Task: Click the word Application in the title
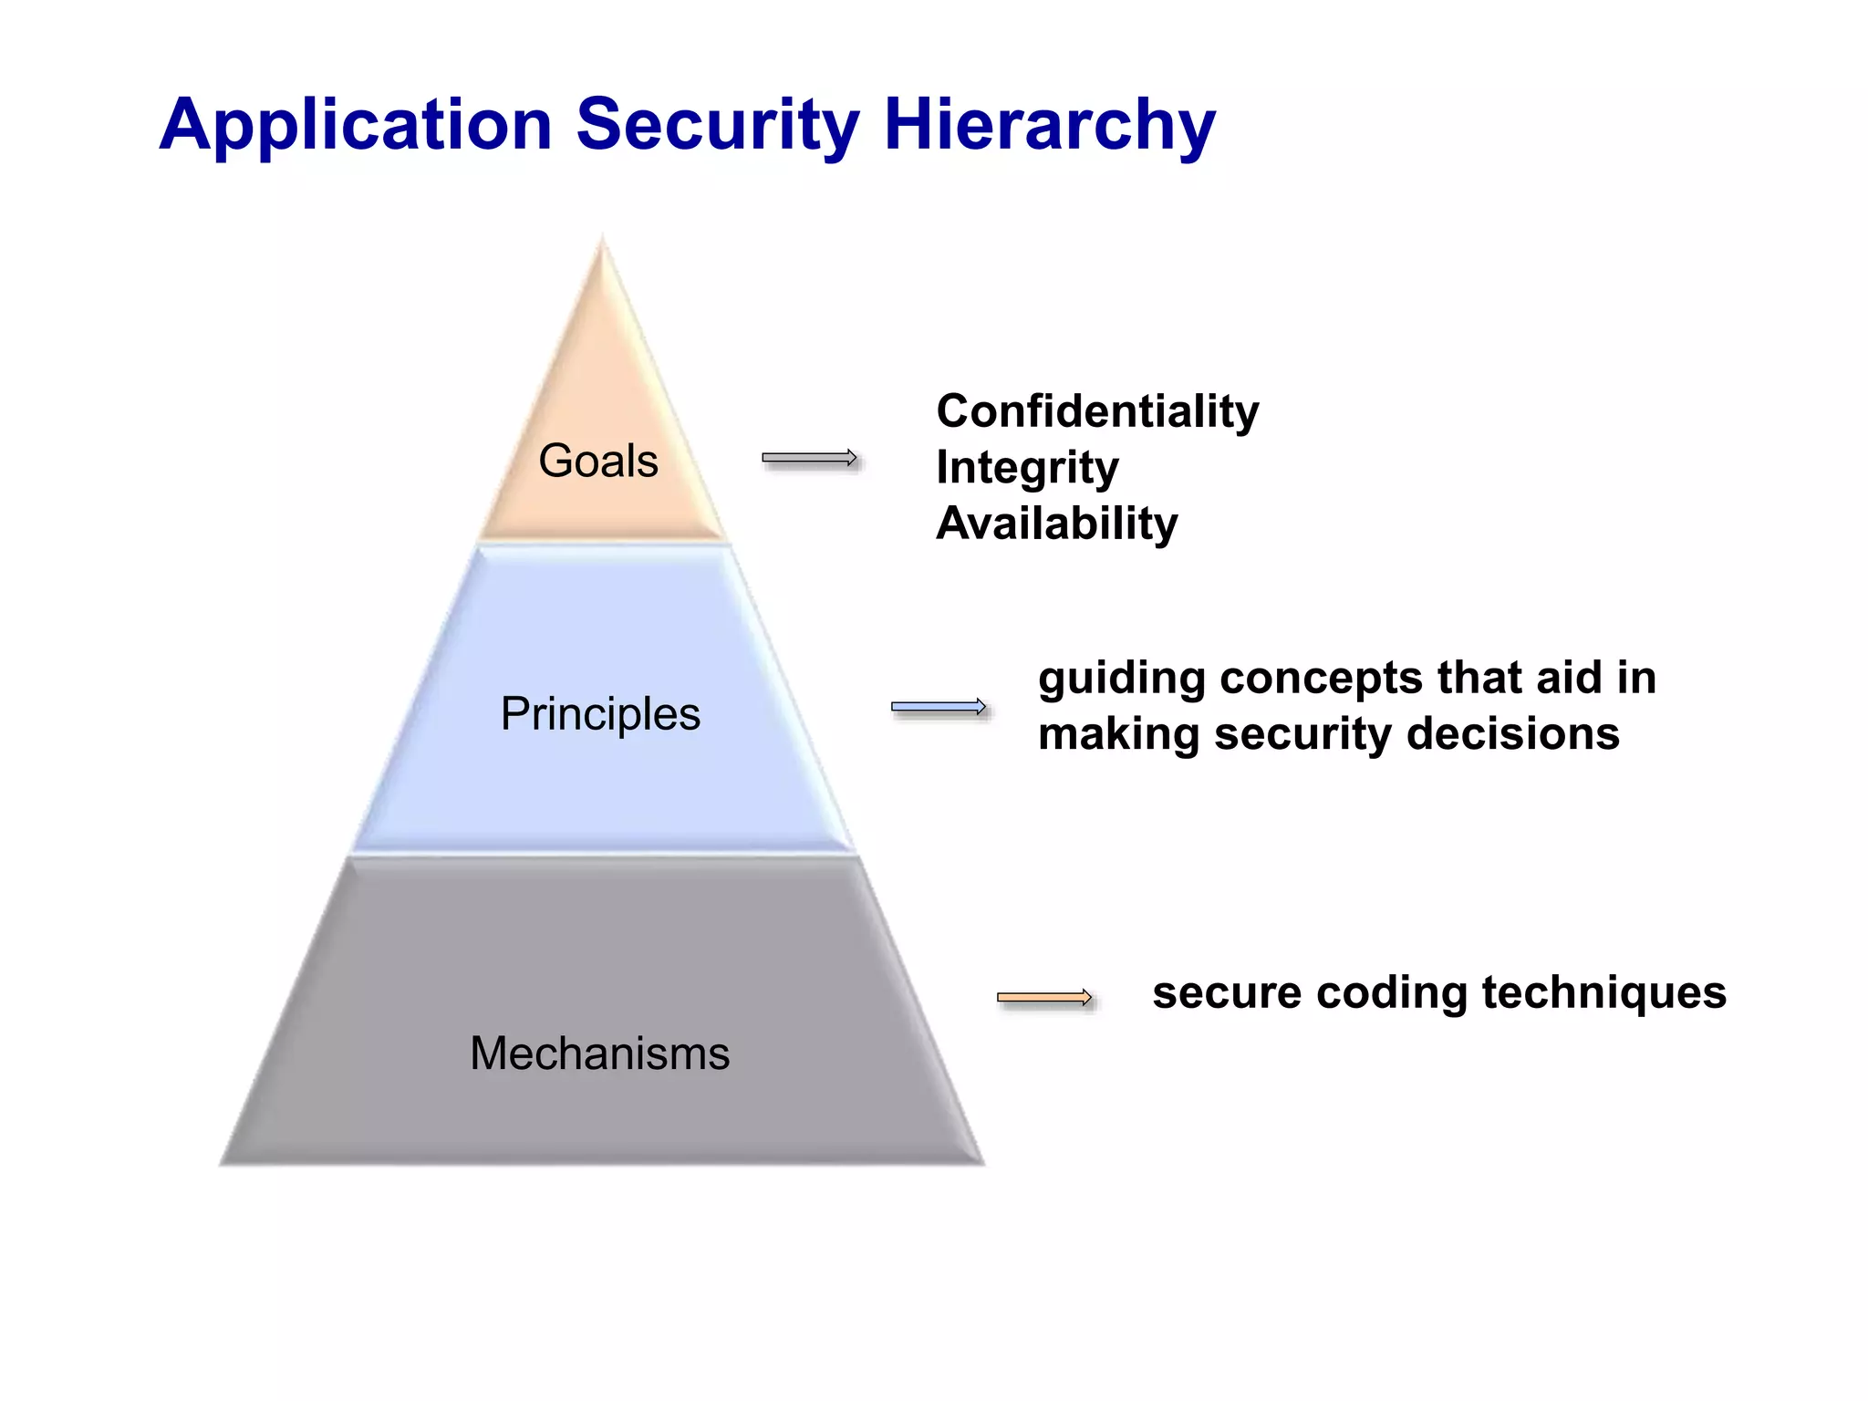[x=356, y=125]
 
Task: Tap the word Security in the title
[x=718, y=125]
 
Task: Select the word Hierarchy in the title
[x=1050, y=125]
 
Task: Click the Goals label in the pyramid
[x=598, y=461]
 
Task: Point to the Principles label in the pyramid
[x=600, y=713]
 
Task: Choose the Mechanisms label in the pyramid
[x=600, y=1053]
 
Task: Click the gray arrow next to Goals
[x=810, y=458]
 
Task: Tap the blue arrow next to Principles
[x=939, y=707]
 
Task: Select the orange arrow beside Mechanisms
[x=1044, y=997]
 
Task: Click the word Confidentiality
[x=1097, y=411]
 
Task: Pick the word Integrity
[x=1027, y=468]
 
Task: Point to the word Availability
[x=1057, y=524]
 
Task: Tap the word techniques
[x=1603, y=993]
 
